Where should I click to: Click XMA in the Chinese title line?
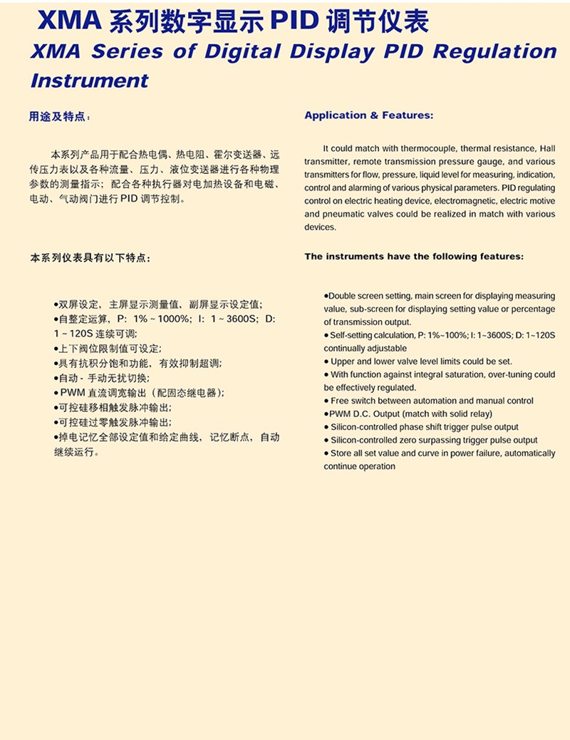69,23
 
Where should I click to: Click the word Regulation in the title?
495,52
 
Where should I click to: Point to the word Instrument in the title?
89,80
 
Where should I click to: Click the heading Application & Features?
368,115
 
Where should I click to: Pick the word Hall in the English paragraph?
547,148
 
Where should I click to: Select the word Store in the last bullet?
341,453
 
